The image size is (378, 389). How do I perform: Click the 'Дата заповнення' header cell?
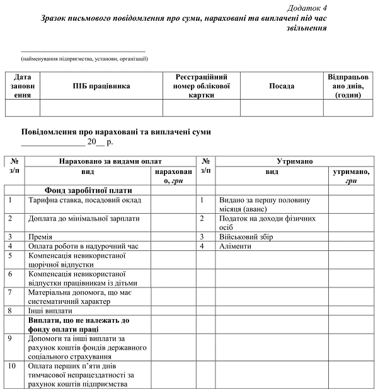point(22,86)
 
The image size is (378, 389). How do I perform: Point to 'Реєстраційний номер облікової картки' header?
point(201,86)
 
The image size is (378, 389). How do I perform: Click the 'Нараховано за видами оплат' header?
point(110,161)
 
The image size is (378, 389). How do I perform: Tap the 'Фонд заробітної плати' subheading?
point(88,190)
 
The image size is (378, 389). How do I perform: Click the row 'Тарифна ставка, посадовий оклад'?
point(84,200)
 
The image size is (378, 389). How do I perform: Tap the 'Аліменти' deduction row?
point(234,247)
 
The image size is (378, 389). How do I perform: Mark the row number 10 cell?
point(13,366)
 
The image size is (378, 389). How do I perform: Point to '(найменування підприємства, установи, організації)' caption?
point(84,59)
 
